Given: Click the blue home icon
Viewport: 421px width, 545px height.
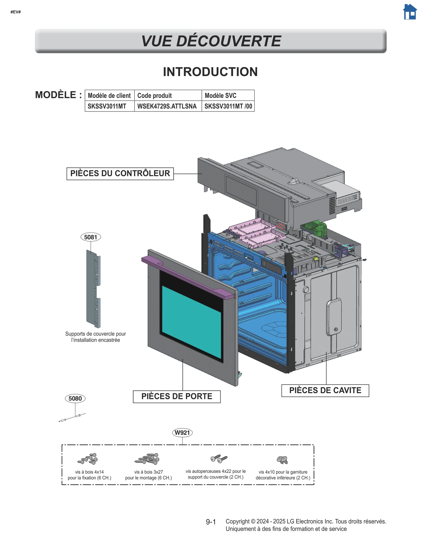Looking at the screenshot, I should coord(410,12).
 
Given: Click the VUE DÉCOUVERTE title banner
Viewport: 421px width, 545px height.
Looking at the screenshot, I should coord(210,41).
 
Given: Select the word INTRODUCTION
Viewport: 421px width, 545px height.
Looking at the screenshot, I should coord(210,72).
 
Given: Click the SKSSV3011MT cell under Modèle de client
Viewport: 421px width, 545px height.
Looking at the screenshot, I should coord(107,106).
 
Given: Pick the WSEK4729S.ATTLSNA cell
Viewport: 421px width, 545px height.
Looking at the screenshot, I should coord(167,106).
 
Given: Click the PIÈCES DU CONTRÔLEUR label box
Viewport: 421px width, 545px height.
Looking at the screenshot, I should coord(120,174).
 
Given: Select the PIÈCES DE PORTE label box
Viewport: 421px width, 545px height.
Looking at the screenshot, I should coord(177,396).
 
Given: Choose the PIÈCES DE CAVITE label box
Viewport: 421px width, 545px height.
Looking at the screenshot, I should coord(325,390).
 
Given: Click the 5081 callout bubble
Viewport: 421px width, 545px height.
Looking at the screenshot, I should coord(91,237).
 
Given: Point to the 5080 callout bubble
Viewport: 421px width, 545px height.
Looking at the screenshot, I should coord(75,398).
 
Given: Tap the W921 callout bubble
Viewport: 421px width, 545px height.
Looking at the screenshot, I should coord(182,433).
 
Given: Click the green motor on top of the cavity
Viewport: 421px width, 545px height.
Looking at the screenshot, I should coord(317,229).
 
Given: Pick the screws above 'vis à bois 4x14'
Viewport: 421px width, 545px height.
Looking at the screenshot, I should coord(88,459).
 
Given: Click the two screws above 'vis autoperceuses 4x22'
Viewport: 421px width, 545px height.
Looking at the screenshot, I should coord(219,459).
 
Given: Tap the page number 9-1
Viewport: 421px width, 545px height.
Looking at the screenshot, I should coord(211,522).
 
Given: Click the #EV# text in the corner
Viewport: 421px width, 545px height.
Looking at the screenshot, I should coord(16,12).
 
